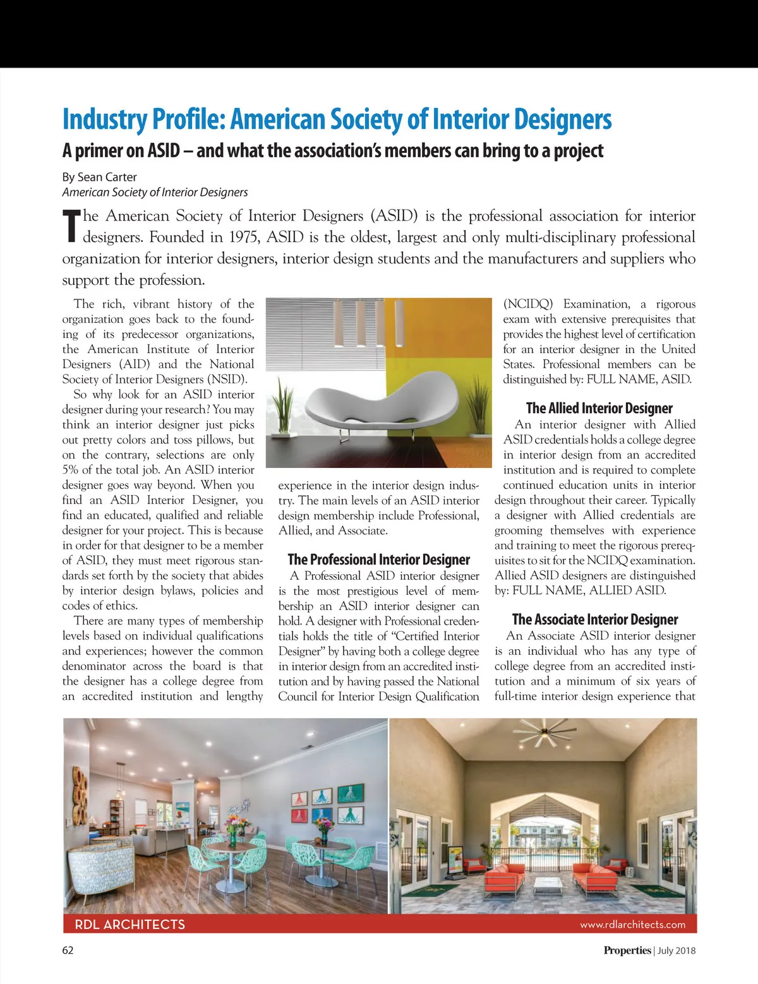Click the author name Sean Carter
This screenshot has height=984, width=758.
[107, 177]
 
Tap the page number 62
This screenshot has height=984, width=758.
[68, 950]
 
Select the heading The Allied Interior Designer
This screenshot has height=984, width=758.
[599, 408]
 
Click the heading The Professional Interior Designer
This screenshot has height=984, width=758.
[378, 560]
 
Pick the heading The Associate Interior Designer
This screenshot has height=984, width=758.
[594, 620]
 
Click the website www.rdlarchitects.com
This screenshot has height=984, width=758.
[632, 925]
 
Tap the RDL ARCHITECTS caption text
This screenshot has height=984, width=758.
[129, 925]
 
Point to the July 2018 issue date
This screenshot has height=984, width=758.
[677, 951]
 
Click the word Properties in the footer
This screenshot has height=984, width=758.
[627, 951]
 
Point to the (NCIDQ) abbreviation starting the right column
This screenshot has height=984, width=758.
[527, 304]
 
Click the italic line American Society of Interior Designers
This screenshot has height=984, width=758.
[155, 193]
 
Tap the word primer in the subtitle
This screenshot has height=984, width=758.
[108, 151]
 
